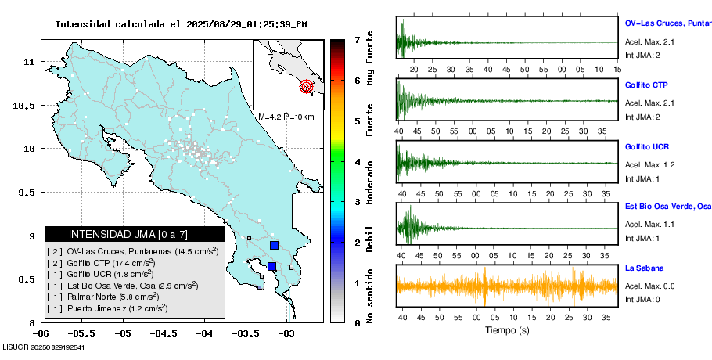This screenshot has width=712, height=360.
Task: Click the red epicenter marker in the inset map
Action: [307, 86]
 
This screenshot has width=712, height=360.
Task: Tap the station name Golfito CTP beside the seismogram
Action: [646, 85]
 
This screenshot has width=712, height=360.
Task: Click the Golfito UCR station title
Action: [646, 147]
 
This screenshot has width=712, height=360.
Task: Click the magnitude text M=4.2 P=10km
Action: [286, 117]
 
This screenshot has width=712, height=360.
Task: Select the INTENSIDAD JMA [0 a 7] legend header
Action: [128, 234]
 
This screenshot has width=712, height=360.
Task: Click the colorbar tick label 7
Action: [356, 39]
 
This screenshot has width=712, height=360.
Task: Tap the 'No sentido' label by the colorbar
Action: [369, 296]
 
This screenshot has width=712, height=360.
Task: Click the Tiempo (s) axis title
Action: [506, 330]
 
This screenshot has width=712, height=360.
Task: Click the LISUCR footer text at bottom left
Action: [44, 347]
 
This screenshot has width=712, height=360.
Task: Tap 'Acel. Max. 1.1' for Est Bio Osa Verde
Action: [649, 225]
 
